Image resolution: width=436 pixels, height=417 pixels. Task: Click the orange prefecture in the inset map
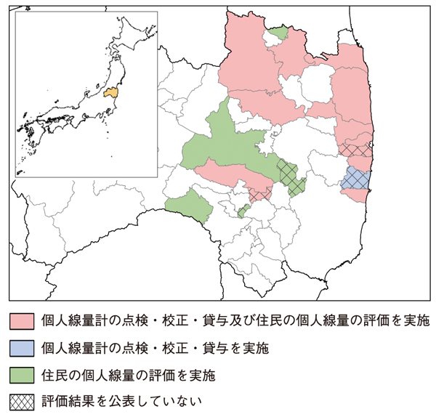pyautogui.click(x=110, y=92)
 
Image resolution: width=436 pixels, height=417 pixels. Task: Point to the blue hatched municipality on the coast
pyautogui.click(x=355, y=178)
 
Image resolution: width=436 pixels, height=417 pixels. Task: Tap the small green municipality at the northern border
pyautogui.click(x=278, y=33)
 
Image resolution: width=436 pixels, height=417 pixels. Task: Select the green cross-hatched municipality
pyautogui.click(x=291, y=177)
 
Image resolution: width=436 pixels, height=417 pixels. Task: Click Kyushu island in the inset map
pyautogui.click(x=31, y=134)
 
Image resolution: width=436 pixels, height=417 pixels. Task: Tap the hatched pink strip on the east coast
pyautogui.click(x=355, y=150)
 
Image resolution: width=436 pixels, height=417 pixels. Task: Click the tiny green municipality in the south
pyautogui.click(x=243, y=211)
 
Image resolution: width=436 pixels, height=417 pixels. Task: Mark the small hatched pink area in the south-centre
pyautogui.click(x=259, y=194)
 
